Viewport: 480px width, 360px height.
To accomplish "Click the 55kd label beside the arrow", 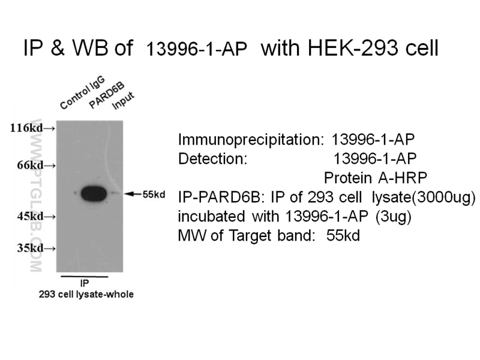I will click(x=154, y=194).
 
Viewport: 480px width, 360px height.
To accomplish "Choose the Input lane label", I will click(x=124, y=100).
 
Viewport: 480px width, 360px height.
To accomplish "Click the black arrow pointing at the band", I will click(x=133, y=194).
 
